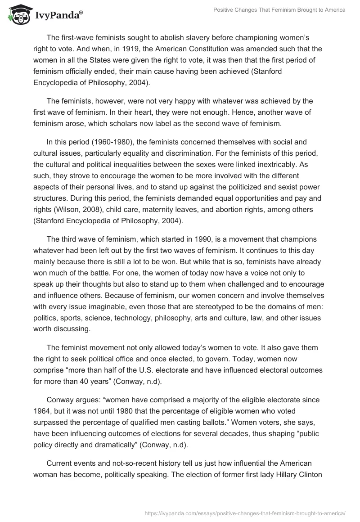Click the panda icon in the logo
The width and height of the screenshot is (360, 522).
(x=16, y=15)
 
